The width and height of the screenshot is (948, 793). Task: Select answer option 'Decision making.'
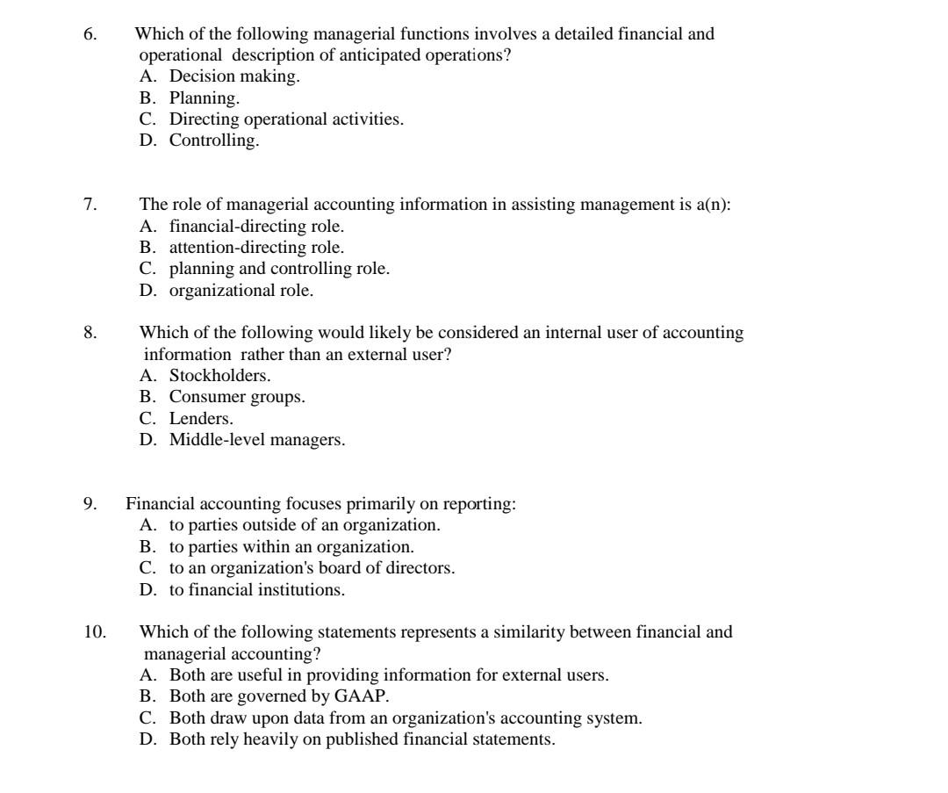pos(233,76)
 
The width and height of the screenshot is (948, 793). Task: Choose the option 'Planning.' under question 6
pos(204,97)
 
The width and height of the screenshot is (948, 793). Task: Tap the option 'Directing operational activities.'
pos(286,119)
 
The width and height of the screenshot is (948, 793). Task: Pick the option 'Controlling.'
pos(213,140)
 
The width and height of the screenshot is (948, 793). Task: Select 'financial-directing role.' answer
pos(250,226)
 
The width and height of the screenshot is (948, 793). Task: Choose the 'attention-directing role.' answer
pos(256,247)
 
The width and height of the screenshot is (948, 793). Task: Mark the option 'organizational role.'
pos(241,290)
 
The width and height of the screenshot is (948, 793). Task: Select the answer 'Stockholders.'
pos(219,376)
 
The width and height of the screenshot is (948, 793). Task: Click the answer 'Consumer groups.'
pos(237,397)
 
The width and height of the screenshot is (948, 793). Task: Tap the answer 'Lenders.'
pos(201,418)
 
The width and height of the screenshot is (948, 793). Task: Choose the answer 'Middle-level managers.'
pos(257,439)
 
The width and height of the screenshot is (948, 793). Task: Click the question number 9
pos(89,504)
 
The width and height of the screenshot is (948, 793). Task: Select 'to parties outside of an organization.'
pos(304,525)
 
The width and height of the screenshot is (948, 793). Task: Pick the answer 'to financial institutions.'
pos(256,589)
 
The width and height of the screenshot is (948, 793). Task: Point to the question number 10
pos(94,631)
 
